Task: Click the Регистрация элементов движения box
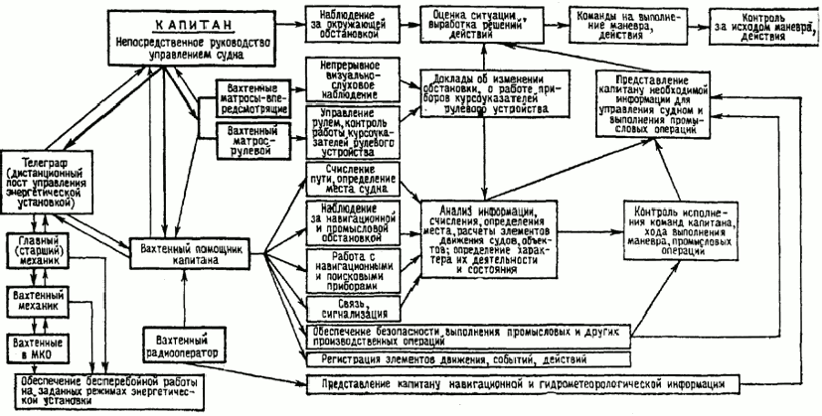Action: (x=446, y=355)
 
